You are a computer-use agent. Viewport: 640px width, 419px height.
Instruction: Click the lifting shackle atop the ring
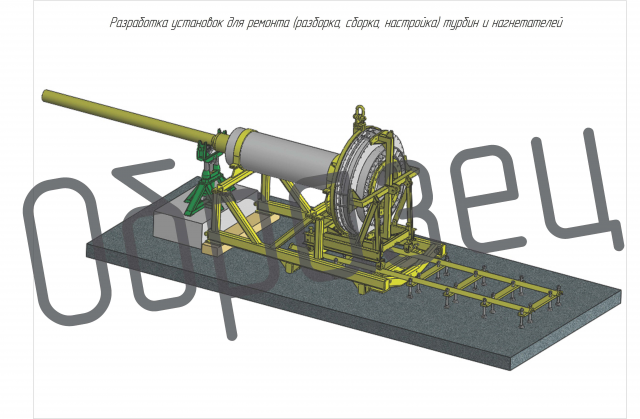click(360, 113)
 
